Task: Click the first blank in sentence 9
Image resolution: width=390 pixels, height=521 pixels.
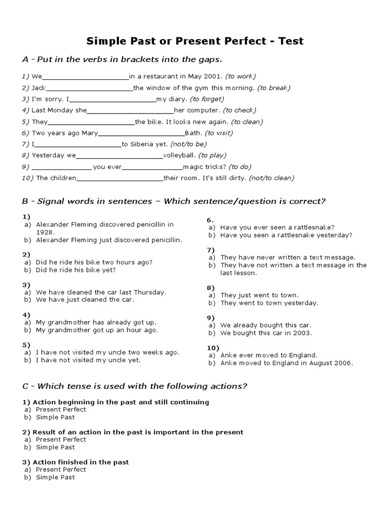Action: (x=61, y=167)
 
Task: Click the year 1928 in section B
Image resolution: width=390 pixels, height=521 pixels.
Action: (x=45, y=231)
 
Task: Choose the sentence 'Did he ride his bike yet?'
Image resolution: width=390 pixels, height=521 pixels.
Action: (x=76, y=270)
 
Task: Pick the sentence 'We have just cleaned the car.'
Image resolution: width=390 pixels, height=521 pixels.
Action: (x=85, y=300)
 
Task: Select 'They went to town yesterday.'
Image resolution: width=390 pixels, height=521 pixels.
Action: (x=269, y=303)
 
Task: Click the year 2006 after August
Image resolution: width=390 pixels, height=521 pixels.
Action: (x=344, y=363)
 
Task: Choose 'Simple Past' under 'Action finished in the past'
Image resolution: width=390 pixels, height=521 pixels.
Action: (x=55, y=477)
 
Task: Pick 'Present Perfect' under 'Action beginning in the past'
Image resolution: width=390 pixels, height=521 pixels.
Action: (x=61, y=409)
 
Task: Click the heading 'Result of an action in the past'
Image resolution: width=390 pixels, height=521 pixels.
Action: (x=138, y=432)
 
